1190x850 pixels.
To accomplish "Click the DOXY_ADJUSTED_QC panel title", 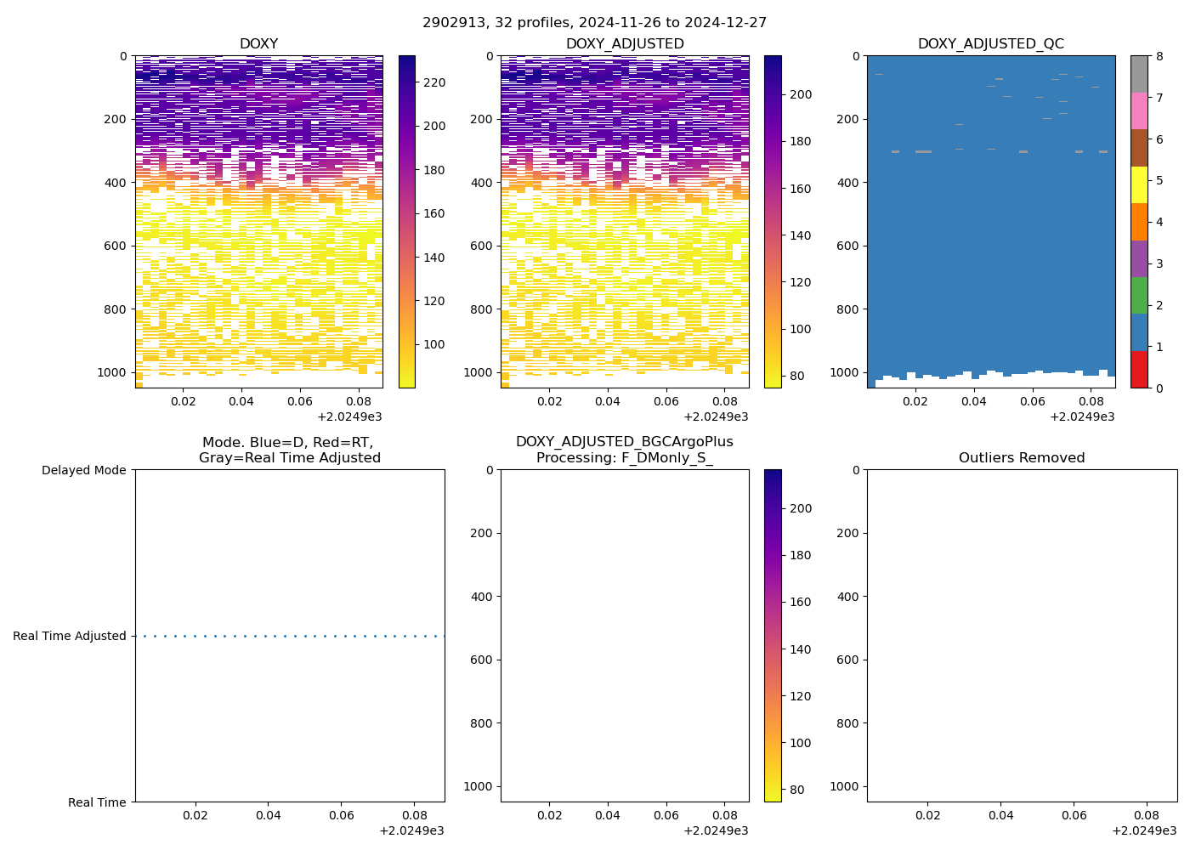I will (x=990, y=44).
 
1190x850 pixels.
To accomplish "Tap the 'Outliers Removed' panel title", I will (x=1022, y=458).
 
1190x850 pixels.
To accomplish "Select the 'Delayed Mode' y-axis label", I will (x=83, y=470).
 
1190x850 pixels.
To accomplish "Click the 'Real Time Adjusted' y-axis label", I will (x=70, y=636).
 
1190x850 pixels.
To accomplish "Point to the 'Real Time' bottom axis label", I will (x=97, y=802).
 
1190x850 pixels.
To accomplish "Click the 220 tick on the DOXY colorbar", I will (x=434, y=82).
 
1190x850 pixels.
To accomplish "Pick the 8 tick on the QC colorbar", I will (x=1160, y=56).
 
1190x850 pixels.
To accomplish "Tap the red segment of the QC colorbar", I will (x=1139, y=370).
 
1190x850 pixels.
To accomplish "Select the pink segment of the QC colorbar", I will (x=1139, y=111).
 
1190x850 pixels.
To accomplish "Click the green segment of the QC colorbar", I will (x=1139, y=296).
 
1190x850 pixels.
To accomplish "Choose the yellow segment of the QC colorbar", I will (x=1139, y=185).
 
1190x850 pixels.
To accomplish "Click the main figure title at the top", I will (x=594, y=22).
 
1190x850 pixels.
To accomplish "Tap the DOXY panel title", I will (x=258, y=44).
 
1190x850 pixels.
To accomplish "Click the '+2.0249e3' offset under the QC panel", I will (x=1082, y=416).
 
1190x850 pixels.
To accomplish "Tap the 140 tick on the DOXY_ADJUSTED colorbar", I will (x=801, y=235).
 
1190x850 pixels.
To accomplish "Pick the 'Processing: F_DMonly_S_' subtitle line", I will (x=624, y=458).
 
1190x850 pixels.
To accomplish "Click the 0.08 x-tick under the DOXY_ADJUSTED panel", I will (x=724, y=401).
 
